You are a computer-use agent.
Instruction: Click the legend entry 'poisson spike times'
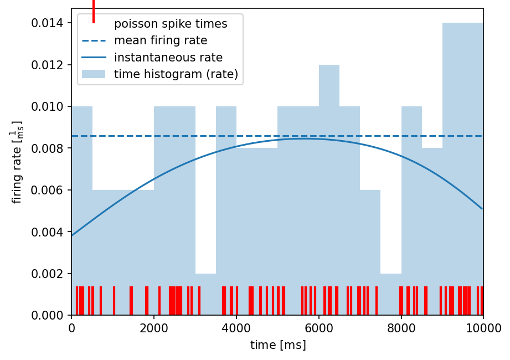171,24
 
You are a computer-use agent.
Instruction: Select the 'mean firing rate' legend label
161,40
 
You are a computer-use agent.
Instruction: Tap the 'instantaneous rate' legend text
168,57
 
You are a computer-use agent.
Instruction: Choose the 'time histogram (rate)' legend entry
176,74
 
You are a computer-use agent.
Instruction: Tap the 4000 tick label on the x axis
236,328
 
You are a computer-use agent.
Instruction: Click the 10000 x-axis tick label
483,328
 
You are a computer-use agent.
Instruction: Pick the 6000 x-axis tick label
319,328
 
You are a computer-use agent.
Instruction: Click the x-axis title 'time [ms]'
278,345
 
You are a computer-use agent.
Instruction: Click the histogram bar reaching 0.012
329,166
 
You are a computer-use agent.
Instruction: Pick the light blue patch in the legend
94,74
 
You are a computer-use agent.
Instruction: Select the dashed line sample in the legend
94,40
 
